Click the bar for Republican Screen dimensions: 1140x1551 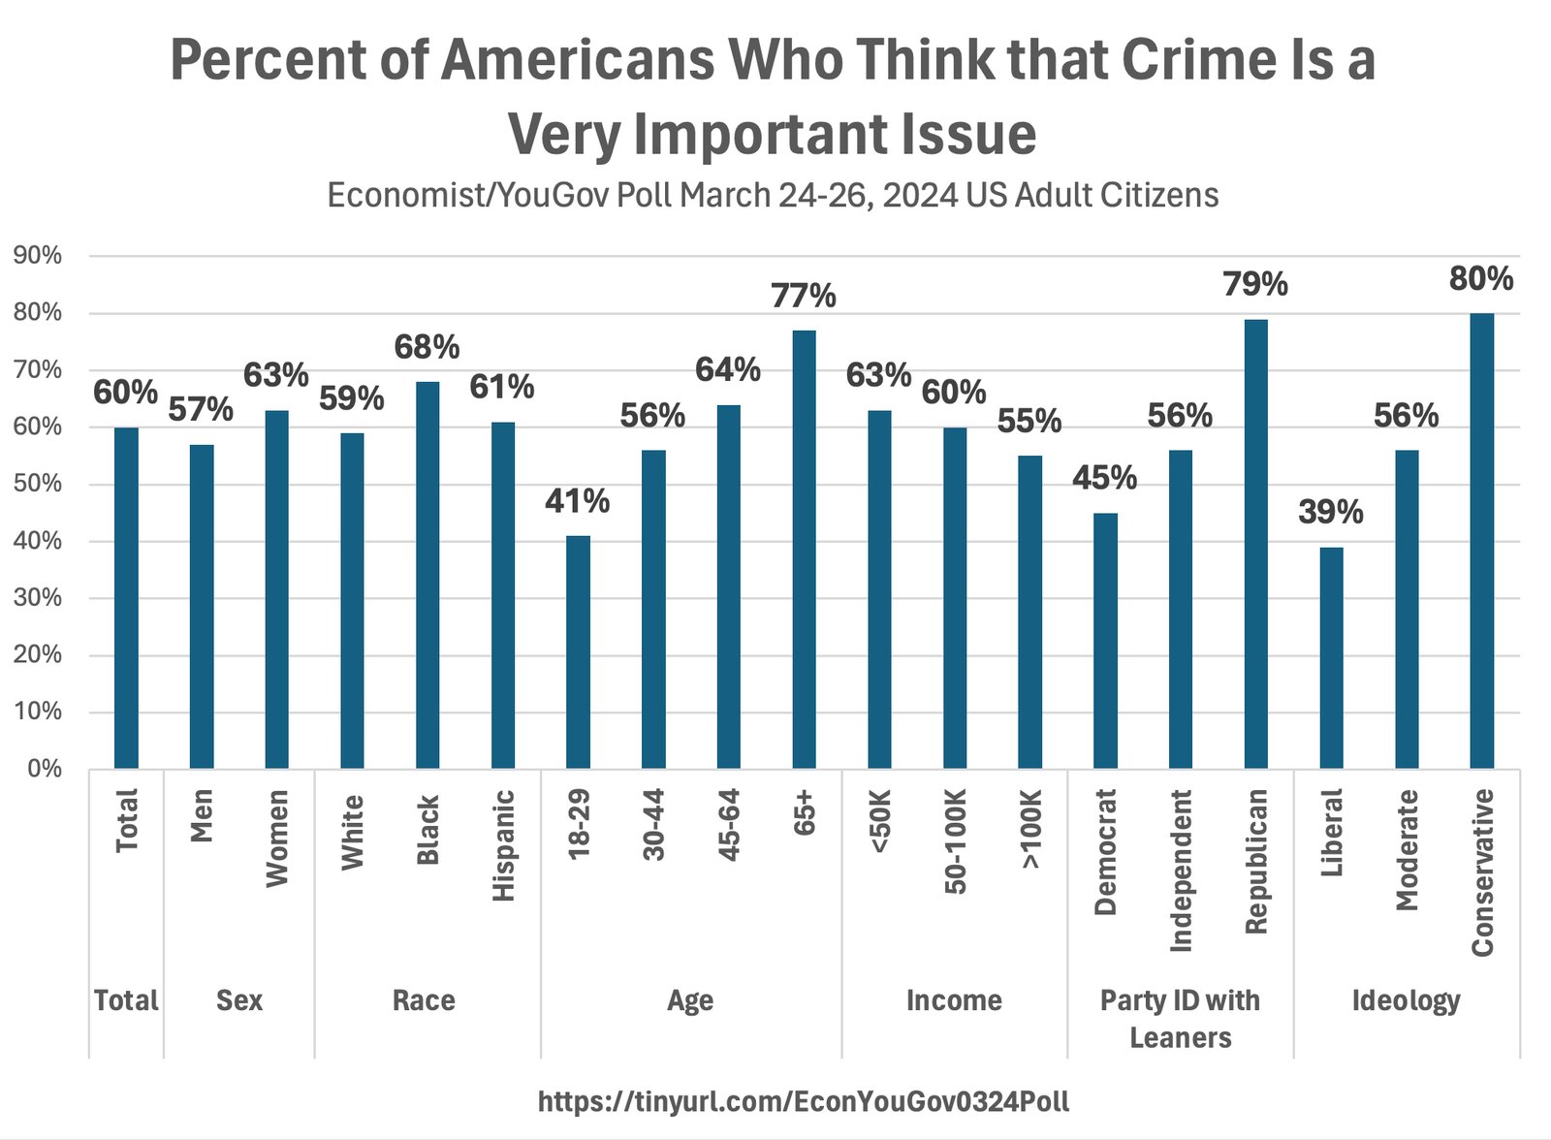(1255, 544)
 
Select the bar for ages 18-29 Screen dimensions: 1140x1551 (578, 651)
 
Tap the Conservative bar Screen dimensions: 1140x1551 (1481, 541)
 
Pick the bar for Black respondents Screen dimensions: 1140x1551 (427, 575)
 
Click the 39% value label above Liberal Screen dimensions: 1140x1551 (1330, 512)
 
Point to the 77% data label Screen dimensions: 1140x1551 (803, 296)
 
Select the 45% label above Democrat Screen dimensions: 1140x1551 (1104, 478)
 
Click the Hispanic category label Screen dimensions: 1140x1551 (503, 845)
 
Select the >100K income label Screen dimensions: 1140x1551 (1030, 829)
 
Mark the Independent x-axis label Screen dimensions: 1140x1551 (1181, 870)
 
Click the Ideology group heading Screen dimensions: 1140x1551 (1406, 1000)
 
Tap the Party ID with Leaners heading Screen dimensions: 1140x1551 (1180, 1019)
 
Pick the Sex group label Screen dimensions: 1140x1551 (239, 1000)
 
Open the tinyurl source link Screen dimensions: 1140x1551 (804, 1101)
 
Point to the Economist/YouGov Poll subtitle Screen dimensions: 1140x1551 (773, 195)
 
